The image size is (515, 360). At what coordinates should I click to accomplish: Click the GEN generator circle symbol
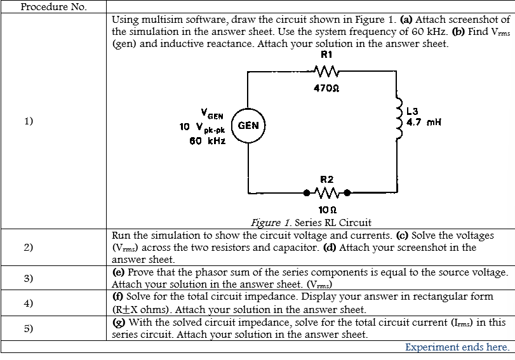pyautogui.click(x=248, y=125)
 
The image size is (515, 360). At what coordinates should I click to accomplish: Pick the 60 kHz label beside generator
pyautogui.click(x=208, y=140)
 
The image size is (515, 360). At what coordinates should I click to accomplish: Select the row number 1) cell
pyautogui.click(x=30, y=121)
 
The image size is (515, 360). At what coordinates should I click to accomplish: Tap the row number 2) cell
pyautogui.click(x=30, y=247)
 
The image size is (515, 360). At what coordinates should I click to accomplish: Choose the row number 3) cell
pyautogui.click(x=30, y=278)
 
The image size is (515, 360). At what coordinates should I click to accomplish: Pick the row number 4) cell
pyautogui.click(x=30, y=303)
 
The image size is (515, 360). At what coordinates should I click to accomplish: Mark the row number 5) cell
pyautogui.click(x=30, y=328)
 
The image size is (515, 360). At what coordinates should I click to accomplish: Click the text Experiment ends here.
pyautogui.click(x=457, y=347)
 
